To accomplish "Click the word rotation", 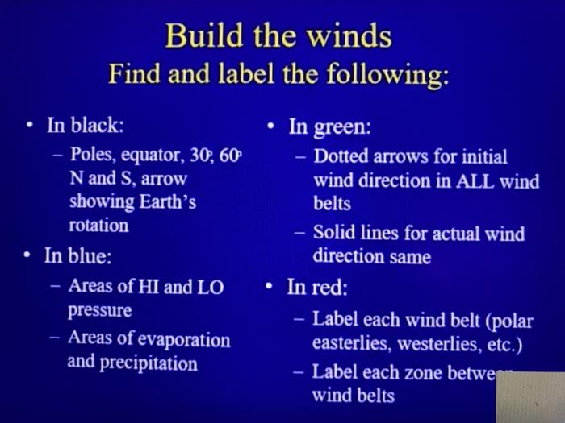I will [x=98, y=225].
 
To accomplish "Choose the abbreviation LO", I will [x=209, y=287].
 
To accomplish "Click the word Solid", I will [x=336, y=234].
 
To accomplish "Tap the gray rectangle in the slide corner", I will [x=530, y=397].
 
